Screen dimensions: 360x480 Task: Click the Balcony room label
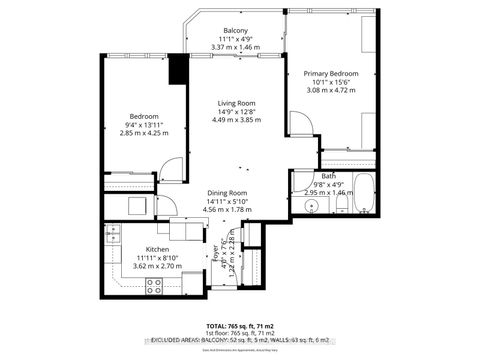pyautogui.click(x=235, y=30)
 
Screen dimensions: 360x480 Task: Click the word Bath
pyautogui.click(x=329, y=176)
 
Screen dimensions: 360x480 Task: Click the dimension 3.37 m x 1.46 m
pyautogui.click(x=235, y=47)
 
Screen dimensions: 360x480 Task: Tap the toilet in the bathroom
pyautogui.click(x=341, y=205)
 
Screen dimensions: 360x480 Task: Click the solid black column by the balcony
pyautogui.click(x=179, y=69)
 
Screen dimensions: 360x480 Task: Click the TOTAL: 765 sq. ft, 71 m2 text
pyautogui.click(x=240, y=326)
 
